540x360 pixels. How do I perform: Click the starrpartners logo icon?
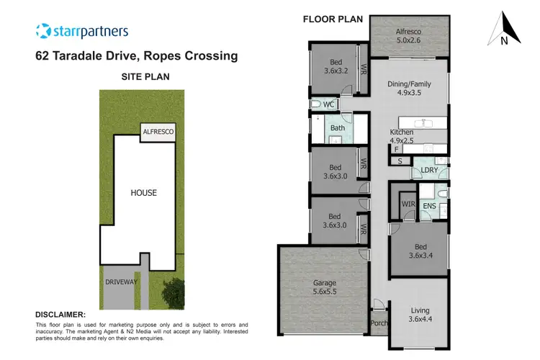click(x=44, y=31)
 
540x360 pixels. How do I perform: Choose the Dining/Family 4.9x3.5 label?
click(x=409, y=88)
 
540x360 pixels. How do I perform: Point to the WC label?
click(x=329, y=105)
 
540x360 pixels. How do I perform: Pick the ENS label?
click(x=430, y=207)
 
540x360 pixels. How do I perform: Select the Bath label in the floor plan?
click(x=338, y=129)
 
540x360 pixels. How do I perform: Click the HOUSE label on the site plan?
click(x=143, y=193)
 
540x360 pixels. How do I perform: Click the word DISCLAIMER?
click(x=60, y=315)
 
